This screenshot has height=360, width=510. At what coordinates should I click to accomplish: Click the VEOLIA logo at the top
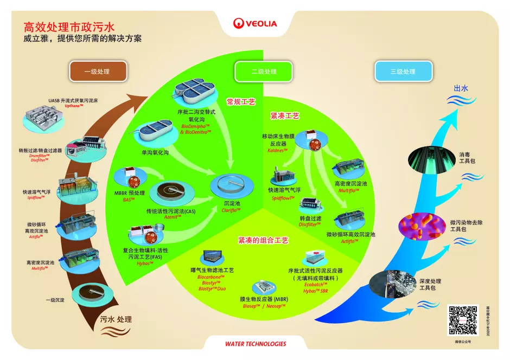pos(255,23)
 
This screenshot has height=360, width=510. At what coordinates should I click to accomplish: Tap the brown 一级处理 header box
pos(98,71)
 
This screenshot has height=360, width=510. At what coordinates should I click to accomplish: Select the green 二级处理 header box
pos(264,71)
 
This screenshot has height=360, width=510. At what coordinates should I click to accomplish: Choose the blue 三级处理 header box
pos(403,71)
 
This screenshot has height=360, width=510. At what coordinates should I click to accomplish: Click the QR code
pos(462,320)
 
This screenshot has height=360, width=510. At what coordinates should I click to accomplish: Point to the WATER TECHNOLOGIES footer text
pos(255,344)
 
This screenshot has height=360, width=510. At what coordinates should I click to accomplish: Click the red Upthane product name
pos(73,106)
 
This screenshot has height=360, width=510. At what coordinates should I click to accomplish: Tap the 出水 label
pos(461,88)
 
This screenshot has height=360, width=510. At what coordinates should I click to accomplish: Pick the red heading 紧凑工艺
pos(285,116)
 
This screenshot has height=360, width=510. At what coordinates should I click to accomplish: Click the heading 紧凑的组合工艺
pos(263,240)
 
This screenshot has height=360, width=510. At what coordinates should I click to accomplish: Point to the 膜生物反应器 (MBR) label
pos(263,298)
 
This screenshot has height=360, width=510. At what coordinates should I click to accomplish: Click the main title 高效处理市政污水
pos(69,27)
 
